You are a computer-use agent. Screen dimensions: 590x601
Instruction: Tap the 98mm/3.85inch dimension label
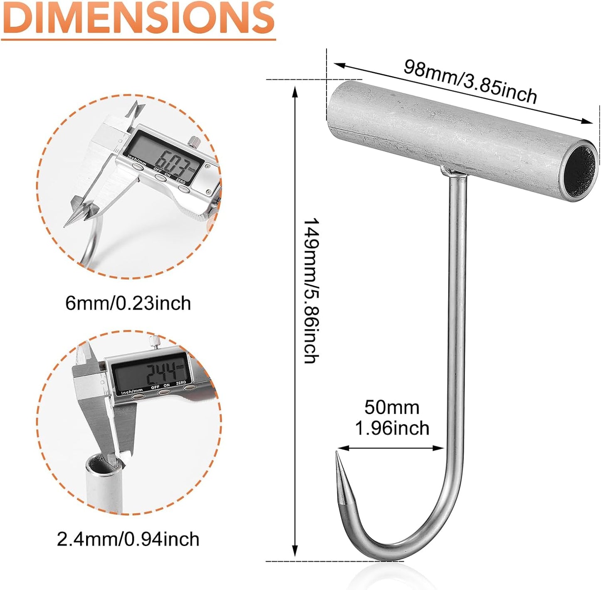click(x=470, y=81)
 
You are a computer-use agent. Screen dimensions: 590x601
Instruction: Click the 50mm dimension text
click(x=392, y=407)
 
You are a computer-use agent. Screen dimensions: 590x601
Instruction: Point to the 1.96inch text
click(x=392, y=428)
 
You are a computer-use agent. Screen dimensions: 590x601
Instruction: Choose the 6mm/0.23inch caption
click(x=128, y=303)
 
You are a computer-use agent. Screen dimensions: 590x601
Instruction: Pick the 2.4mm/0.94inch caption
click(x=128, y=539)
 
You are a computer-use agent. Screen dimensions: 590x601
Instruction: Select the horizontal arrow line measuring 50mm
click(x=391, y=448)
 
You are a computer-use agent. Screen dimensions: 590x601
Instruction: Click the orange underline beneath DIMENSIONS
click(x=138, y=39)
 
